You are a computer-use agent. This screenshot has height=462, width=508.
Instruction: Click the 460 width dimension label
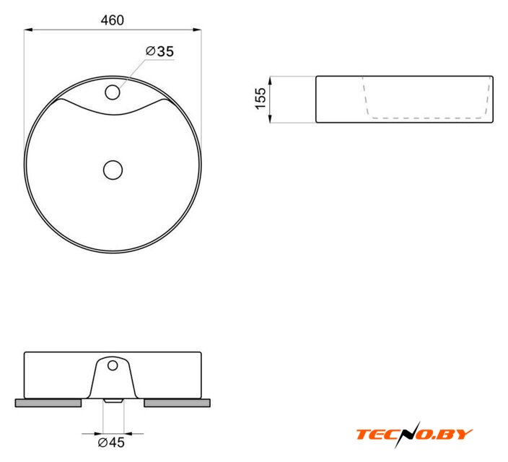[x=112, y=20]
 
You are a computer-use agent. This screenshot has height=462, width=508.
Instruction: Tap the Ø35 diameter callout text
[x=159, y=51]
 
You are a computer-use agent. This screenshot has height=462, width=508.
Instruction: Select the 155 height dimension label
[x=260, y=99]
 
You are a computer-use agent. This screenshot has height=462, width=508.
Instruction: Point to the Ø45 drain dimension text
[x=111, y=443]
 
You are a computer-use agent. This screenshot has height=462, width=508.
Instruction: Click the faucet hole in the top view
[x=113, y=92]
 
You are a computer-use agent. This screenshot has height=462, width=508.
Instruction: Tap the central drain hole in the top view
[x=113, y=170]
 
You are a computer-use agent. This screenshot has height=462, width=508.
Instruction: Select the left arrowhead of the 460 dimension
[x=28, y=30]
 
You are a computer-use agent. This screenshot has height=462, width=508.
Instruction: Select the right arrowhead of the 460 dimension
[x=197, y=30]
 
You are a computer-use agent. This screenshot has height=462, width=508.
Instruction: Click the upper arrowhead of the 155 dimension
[x=270, y=80]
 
